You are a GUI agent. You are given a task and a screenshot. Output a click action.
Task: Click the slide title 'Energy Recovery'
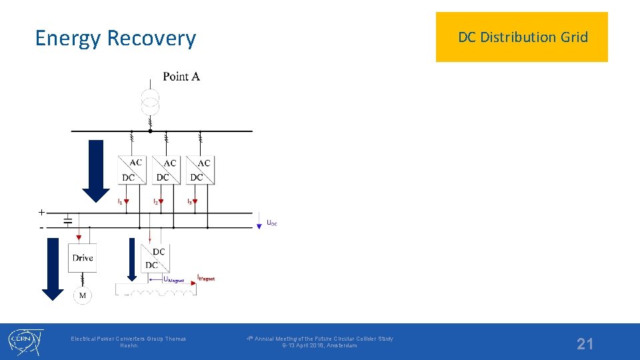115,38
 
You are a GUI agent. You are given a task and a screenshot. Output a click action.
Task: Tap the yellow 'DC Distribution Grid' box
522,37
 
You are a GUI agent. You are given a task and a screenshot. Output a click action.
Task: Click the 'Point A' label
181,77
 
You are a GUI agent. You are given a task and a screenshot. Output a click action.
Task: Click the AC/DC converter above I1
131,169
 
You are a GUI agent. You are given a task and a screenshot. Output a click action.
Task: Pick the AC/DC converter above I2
166,169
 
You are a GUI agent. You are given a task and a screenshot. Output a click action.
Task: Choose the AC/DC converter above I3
200,169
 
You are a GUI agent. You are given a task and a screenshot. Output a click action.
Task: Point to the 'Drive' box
83,258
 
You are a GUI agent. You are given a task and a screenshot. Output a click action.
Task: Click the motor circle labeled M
82,295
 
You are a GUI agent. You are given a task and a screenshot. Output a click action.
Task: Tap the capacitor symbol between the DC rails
67,221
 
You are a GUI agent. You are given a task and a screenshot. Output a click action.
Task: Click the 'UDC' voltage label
271,223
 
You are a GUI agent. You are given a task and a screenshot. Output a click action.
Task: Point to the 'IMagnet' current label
206,278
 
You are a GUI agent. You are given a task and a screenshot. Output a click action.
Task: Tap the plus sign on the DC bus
41,212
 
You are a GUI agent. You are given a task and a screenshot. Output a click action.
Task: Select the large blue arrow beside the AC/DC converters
97,170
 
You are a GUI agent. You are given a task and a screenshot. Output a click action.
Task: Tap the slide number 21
585,344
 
